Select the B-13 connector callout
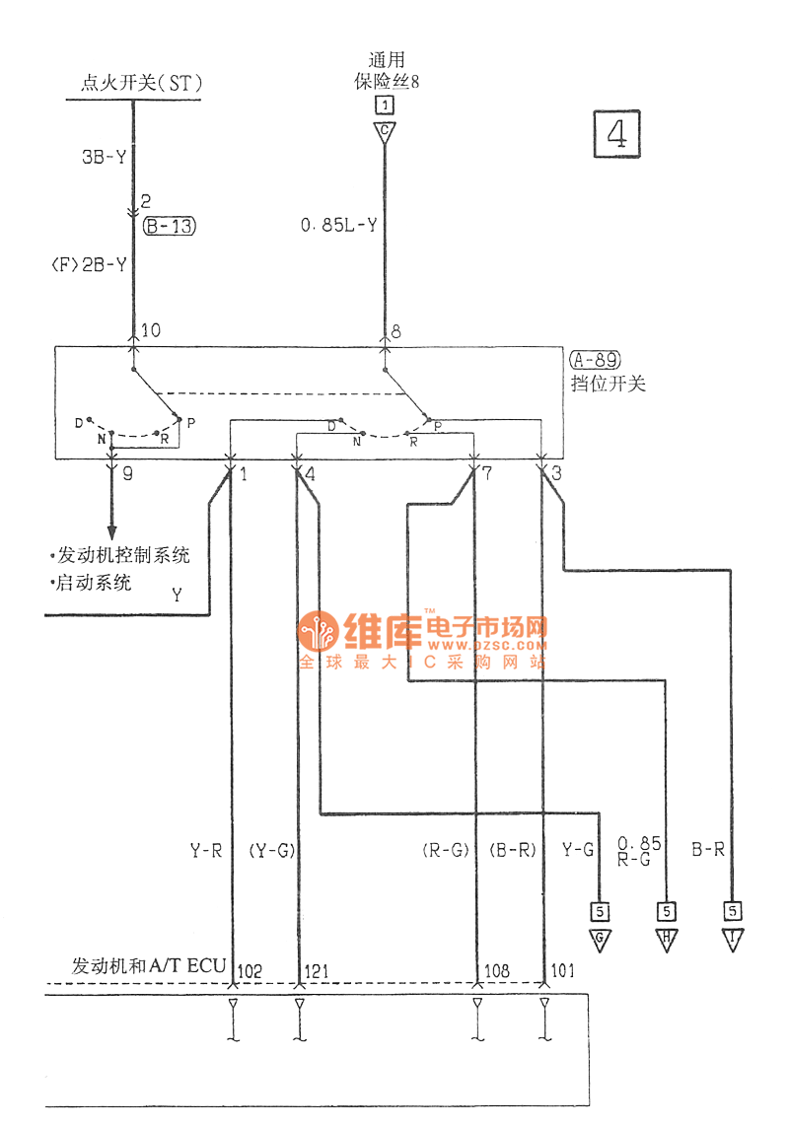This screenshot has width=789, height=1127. [170, 227]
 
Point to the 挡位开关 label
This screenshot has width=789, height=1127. [608, 384]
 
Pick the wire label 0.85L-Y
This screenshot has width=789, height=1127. [338, 227]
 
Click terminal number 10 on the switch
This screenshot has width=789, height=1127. [151, 331]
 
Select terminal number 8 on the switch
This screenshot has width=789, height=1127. [396, 331]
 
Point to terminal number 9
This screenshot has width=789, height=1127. [127, 473]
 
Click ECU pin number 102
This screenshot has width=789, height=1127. [251, 972]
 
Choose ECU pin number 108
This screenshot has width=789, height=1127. [497, 972]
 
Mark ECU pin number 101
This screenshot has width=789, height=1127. [564, 972]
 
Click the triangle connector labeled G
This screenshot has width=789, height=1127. [599, 938]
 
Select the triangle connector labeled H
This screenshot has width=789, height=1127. [667, 938]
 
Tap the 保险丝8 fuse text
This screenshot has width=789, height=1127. [388, 81]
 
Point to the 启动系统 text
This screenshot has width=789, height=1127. [94, 583]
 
